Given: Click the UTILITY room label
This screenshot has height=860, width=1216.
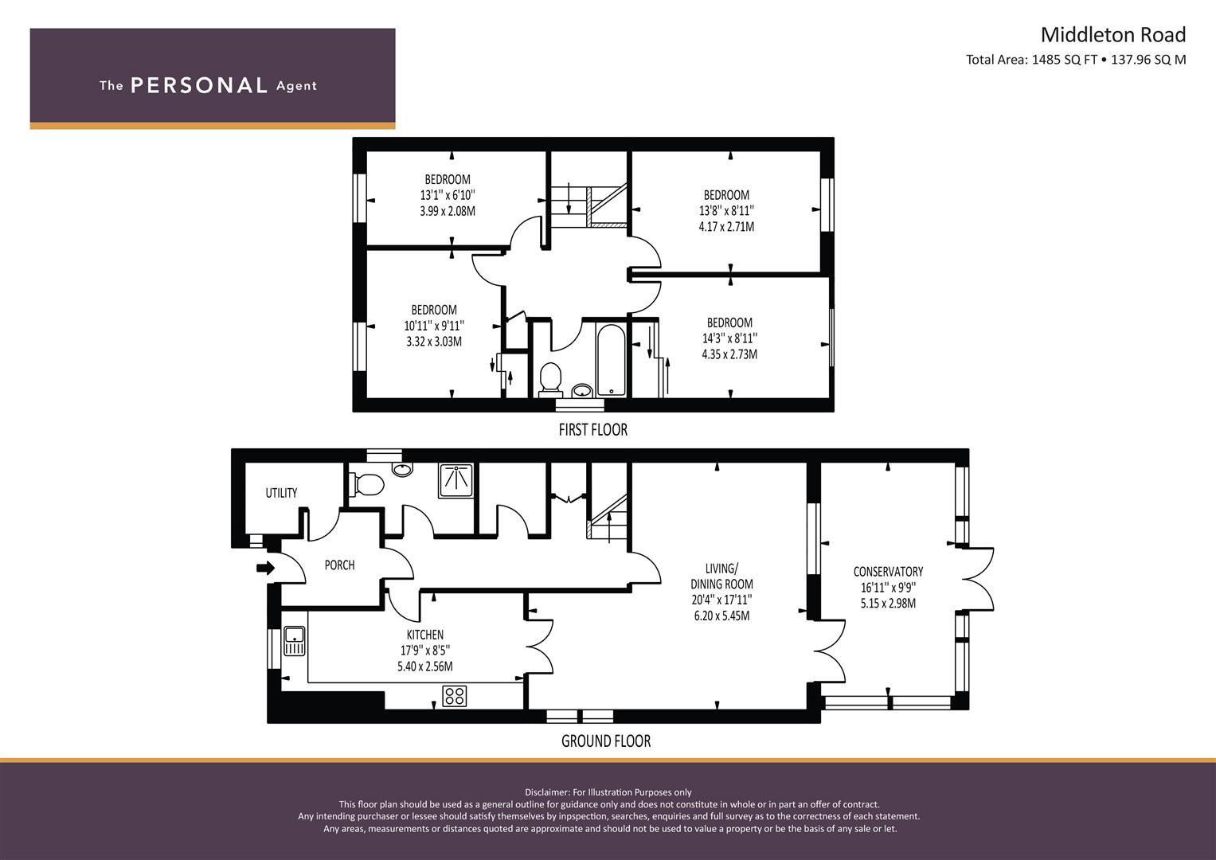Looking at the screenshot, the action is tap(281, 492).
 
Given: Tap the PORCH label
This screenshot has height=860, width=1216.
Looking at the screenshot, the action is tap(339, 565).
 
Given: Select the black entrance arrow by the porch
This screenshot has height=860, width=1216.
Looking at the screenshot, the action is tap(265, 568).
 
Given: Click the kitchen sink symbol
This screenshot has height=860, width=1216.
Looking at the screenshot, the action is tap(294, 641).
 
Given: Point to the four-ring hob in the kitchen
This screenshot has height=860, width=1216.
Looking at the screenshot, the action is tap(455, 696).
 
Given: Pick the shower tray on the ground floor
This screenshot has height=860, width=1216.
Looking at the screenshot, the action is tap(456, 480).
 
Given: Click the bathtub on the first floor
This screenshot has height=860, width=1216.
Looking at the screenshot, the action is tap(611, 360).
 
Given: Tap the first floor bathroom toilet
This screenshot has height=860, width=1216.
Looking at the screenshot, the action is tap(550, 378).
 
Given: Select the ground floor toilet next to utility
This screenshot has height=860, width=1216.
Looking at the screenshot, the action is tap(366, 484).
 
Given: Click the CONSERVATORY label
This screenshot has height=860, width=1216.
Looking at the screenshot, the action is tap(888, 571).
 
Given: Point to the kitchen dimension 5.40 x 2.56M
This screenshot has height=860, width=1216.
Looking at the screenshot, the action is tap(425, 666).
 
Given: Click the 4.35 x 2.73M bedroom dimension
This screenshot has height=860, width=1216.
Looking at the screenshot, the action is tap(729, 354).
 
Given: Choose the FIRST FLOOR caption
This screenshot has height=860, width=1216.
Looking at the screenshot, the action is tap(592, 429).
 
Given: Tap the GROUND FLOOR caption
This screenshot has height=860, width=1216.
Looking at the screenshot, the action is tap(606, 741).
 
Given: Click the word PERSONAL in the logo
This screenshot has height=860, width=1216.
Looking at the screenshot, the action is tap(199, 85).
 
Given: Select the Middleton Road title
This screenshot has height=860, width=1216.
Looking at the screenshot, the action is tap(1112, 35).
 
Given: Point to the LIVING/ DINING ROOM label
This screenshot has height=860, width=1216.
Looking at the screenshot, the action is tap(721, 576).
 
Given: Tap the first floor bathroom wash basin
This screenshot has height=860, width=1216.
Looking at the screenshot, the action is tap(582, 390).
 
